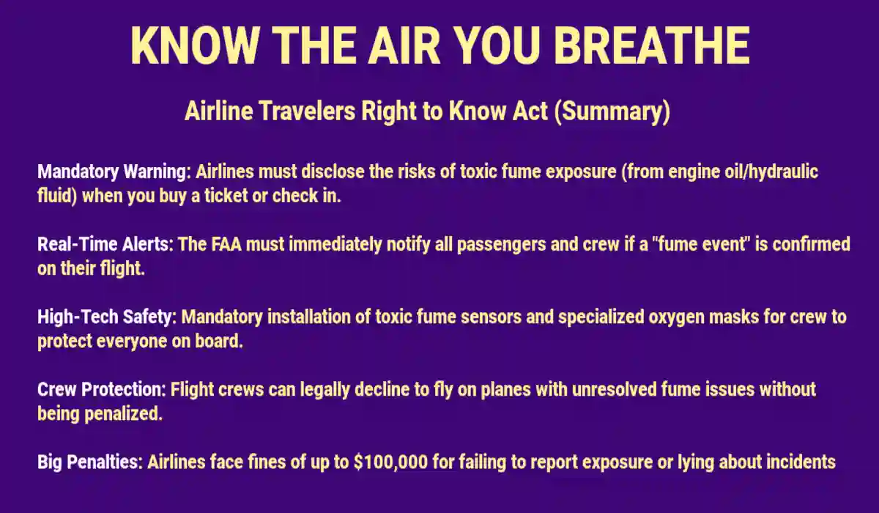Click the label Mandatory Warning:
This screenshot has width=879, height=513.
[114, 173]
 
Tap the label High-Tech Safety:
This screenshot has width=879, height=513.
[107, 317]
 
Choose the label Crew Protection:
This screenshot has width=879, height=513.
[103, 389]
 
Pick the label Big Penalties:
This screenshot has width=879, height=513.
[90, 462]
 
